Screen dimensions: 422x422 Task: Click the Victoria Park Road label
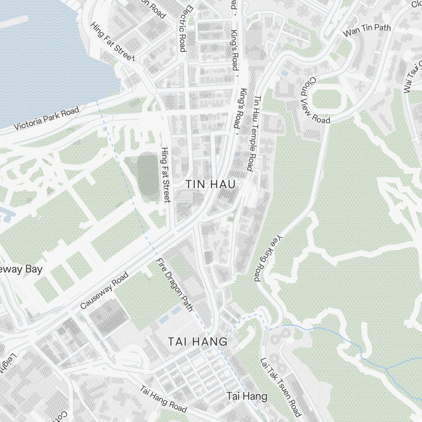46,119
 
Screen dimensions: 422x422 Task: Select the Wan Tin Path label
367,30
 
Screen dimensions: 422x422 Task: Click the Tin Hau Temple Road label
258,133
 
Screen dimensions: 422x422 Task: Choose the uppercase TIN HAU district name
210,184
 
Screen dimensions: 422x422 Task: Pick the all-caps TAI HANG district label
197,341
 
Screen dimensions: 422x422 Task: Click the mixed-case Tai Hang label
247,396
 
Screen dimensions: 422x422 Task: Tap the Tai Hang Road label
163,399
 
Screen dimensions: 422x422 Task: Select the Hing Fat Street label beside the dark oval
166,175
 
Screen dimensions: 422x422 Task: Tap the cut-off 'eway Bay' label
21,269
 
